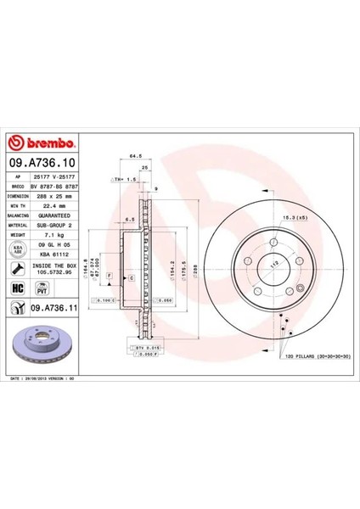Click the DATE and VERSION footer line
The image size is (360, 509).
(x=48, y=377)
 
